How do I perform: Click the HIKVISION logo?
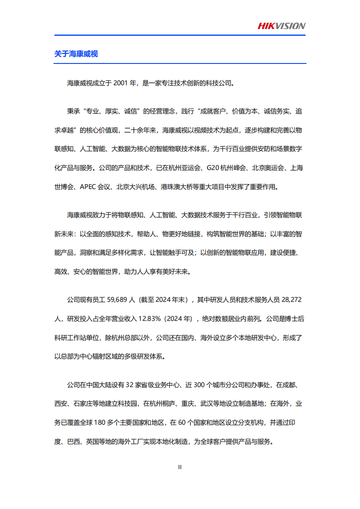(x=282, y=26)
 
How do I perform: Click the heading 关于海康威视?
(x=76, y=54)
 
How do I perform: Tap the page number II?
(x=180, y=467)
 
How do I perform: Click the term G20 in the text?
(x=213, y=168)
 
